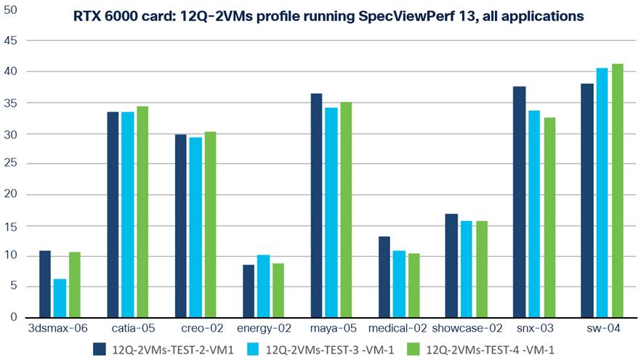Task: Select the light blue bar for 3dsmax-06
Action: (x=60, y=298)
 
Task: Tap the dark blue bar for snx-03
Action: (x=519, y=202)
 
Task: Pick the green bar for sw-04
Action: (x=617, y=191)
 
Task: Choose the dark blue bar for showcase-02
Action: (x=451, y=265)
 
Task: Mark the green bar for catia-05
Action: (x=142, y=212)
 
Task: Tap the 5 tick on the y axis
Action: (x=12, y=287)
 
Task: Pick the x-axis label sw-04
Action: (x=602, y=329)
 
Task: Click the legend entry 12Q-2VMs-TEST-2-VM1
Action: (x=166, y=349)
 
